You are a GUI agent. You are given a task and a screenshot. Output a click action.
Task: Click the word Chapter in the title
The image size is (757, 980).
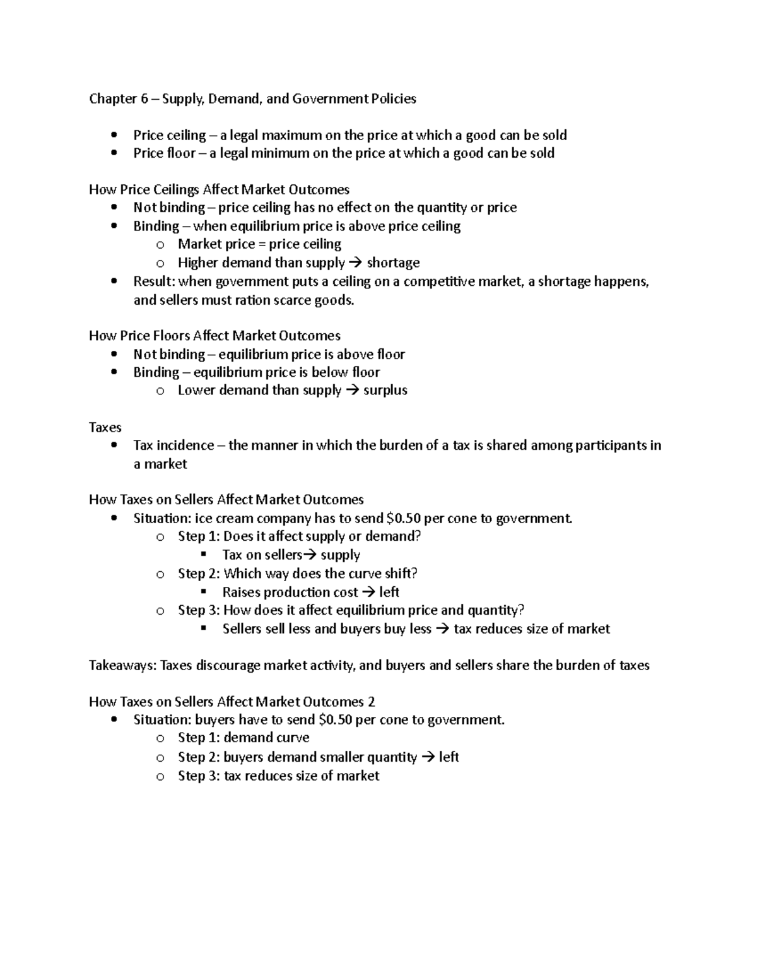112,98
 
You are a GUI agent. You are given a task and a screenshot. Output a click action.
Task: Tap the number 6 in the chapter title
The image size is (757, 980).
144,98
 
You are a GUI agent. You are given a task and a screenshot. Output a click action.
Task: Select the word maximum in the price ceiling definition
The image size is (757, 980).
291,135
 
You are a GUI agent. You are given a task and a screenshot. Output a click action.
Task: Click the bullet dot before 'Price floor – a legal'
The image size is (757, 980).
114,153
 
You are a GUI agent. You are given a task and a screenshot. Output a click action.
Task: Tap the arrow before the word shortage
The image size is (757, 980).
356,263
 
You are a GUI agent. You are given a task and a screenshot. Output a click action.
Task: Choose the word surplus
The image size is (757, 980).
385,391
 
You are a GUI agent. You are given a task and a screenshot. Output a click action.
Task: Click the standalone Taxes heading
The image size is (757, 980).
105,427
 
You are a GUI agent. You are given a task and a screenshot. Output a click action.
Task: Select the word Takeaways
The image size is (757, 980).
122,665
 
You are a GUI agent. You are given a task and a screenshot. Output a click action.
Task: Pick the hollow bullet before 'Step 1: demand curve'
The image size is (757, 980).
160,738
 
